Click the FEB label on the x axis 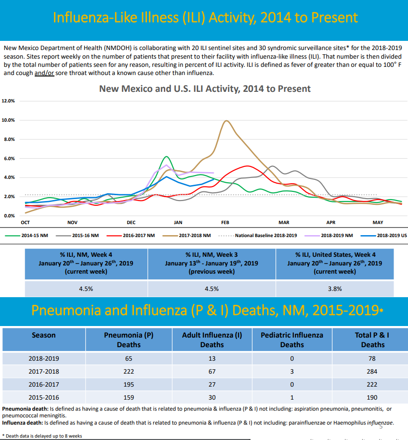(x=225, y=223)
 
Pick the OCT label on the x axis (x=25, y=223)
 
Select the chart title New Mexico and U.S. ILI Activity (x=205, y=89)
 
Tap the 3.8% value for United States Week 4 (x=335, y=289)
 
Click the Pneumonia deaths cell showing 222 (x=129, y=371)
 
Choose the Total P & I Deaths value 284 (x=372, y=371)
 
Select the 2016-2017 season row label (x=44, y=384)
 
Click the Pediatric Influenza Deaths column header (x=292, y=339)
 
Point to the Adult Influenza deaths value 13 (x=212, y=358)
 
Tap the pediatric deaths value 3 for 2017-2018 (x=292, y=371)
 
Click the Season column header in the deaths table (x=44, y=335)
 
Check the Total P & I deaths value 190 (x=372, y=397)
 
